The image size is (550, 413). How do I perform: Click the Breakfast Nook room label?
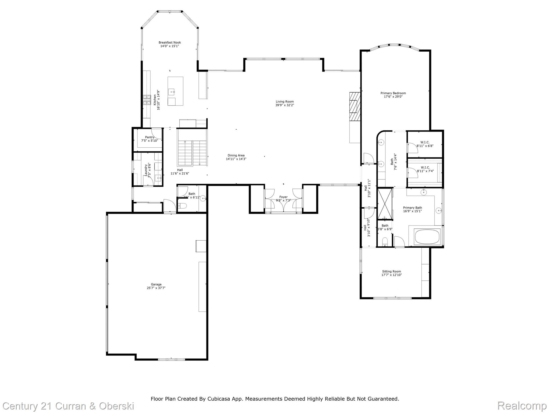pyautogui.click(x=169, y=42)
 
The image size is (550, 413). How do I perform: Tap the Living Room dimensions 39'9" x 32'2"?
pyautogui.click(x=284, y=105)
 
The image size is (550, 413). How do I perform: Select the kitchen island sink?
pyautogui.click(x=172, y=92)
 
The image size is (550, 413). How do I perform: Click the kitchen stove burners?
pyautogui.click(x=147, y=100)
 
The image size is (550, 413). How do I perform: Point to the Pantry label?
pyautogui.click(x=150, y=137)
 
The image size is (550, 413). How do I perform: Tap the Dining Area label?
pyautogui.click(x=236, y=155)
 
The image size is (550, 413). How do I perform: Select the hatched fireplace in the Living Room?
pyautogui.click(x=354, y=107)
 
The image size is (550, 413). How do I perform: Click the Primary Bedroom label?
pyautogui.click(x=393, y=93)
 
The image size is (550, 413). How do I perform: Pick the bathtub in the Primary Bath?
pyautogui.click(x=427, y=237)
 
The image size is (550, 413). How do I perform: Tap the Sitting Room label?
pyautogui.click(x=391, y=272)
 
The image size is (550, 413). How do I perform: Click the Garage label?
pyautogui.click(x=156, y=284)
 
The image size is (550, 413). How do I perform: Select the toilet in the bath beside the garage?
pyautogui.click(x=183, y=206)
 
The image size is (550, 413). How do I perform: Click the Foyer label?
pyautogui.click(x=283, y=197)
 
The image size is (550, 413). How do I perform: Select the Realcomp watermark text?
pyautogui.click(x=522, y=405)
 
